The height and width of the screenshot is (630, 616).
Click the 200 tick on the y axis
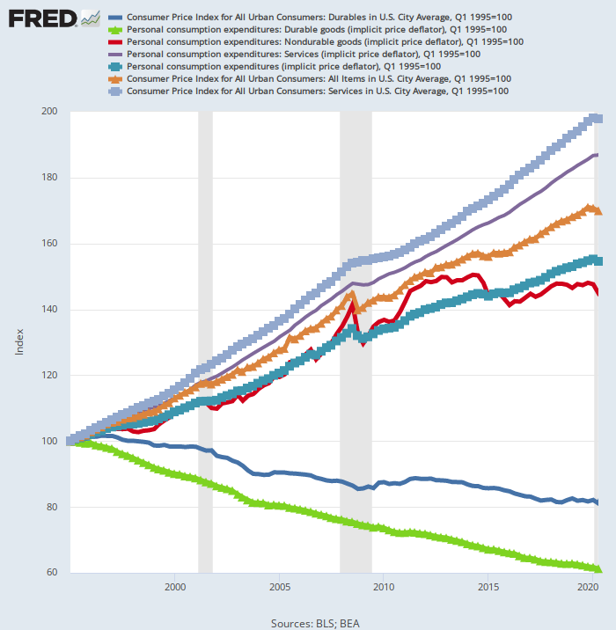pos(49,112)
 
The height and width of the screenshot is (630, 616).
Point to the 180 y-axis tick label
pos(49,178)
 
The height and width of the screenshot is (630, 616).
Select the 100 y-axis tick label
pos(49,442)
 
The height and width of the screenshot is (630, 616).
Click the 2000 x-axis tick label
pos(175,586)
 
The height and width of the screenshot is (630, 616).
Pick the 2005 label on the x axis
pos(280,586)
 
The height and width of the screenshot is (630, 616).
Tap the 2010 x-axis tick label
pos(384,586)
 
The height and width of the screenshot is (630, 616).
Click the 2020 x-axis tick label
pos(589,586)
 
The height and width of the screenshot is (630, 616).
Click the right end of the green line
pos(598,569)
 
